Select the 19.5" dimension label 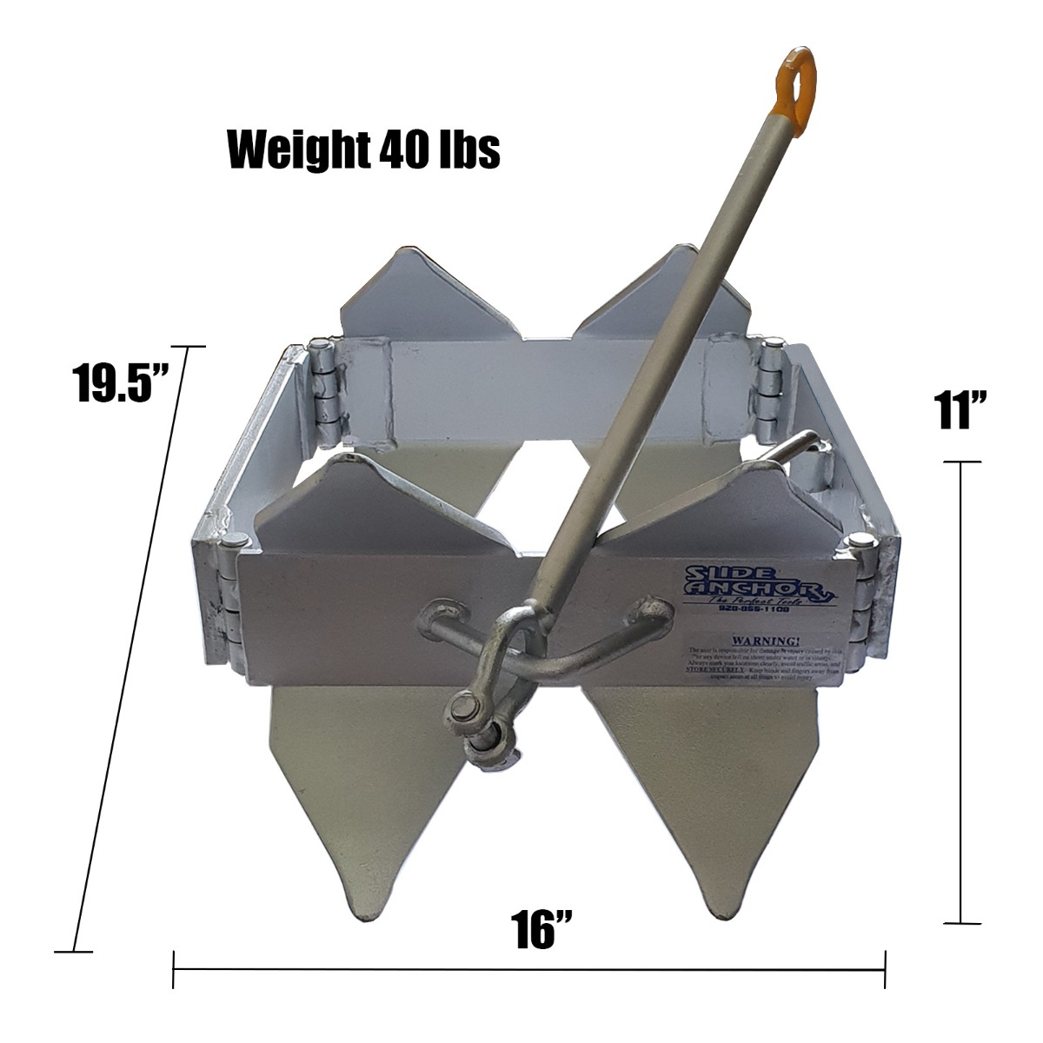[122, 385]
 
